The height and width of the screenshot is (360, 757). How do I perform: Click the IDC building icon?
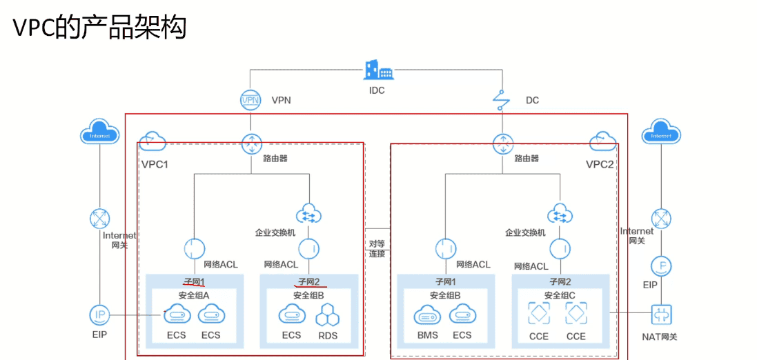(x=377, y=70)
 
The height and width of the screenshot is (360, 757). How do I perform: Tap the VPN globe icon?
(x=250, y=100)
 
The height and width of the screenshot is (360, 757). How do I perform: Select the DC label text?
(x=532, y=101)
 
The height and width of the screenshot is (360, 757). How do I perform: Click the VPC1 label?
(x=155, y=164)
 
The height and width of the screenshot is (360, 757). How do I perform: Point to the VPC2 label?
(x=600, y=164)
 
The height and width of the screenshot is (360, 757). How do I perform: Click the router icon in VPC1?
(x=251, y=144)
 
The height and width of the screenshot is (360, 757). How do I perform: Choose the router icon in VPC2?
(x=502, y=144)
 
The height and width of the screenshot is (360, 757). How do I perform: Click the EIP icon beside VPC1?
(x=100, y=315)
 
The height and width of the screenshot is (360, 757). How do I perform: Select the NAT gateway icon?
(x=661, y=315)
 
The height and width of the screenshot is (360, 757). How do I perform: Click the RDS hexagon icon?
(x=327, y=316)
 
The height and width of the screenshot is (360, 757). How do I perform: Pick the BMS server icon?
(x=426, y=316)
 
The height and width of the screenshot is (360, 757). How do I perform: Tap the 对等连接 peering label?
(x=377, y=248)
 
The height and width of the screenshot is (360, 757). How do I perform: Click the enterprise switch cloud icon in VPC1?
(x=308, y=214)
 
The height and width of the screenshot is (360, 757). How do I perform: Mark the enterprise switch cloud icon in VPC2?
(x=560, y=214)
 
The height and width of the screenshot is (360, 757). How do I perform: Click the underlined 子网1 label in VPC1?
(x=194, y=281)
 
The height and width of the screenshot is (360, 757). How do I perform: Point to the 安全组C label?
(x=560, y=295)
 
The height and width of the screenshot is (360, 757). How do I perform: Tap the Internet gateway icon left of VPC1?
(x=100, y=219)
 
